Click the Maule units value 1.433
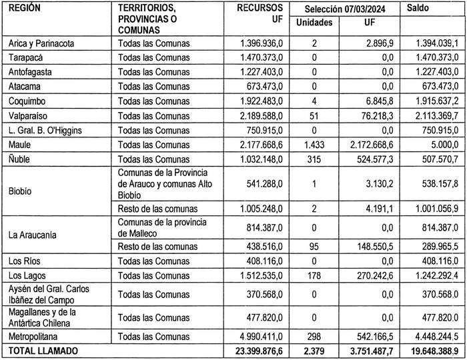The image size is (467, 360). tap(314, 143)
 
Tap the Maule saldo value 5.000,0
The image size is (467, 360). tap(443, 143)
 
